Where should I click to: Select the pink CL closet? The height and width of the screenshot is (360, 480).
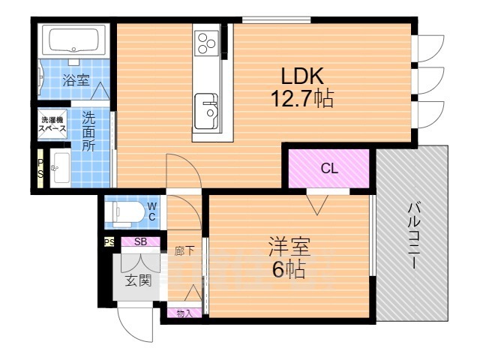[x=328, y=169]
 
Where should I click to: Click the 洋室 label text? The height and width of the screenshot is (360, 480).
[x=289, y=247]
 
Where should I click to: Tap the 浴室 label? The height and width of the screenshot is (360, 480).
[x=76, y=80]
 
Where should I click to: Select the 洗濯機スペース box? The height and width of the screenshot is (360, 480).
[x=52, y=124]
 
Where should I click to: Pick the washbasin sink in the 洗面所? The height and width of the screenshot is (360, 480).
[x=59, y=169]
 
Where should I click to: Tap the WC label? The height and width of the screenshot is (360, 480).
[x=151, y=211]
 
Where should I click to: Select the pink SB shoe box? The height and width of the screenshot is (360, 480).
[x=139, y=241]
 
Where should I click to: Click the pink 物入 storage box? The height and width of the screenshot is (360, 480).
[x=184, y=313]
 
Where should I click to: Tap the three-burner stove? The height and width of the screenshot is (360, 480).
[x=207, y=43]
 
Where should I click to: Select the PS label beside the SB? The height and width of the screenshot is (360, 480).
[x=109, y=241]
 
